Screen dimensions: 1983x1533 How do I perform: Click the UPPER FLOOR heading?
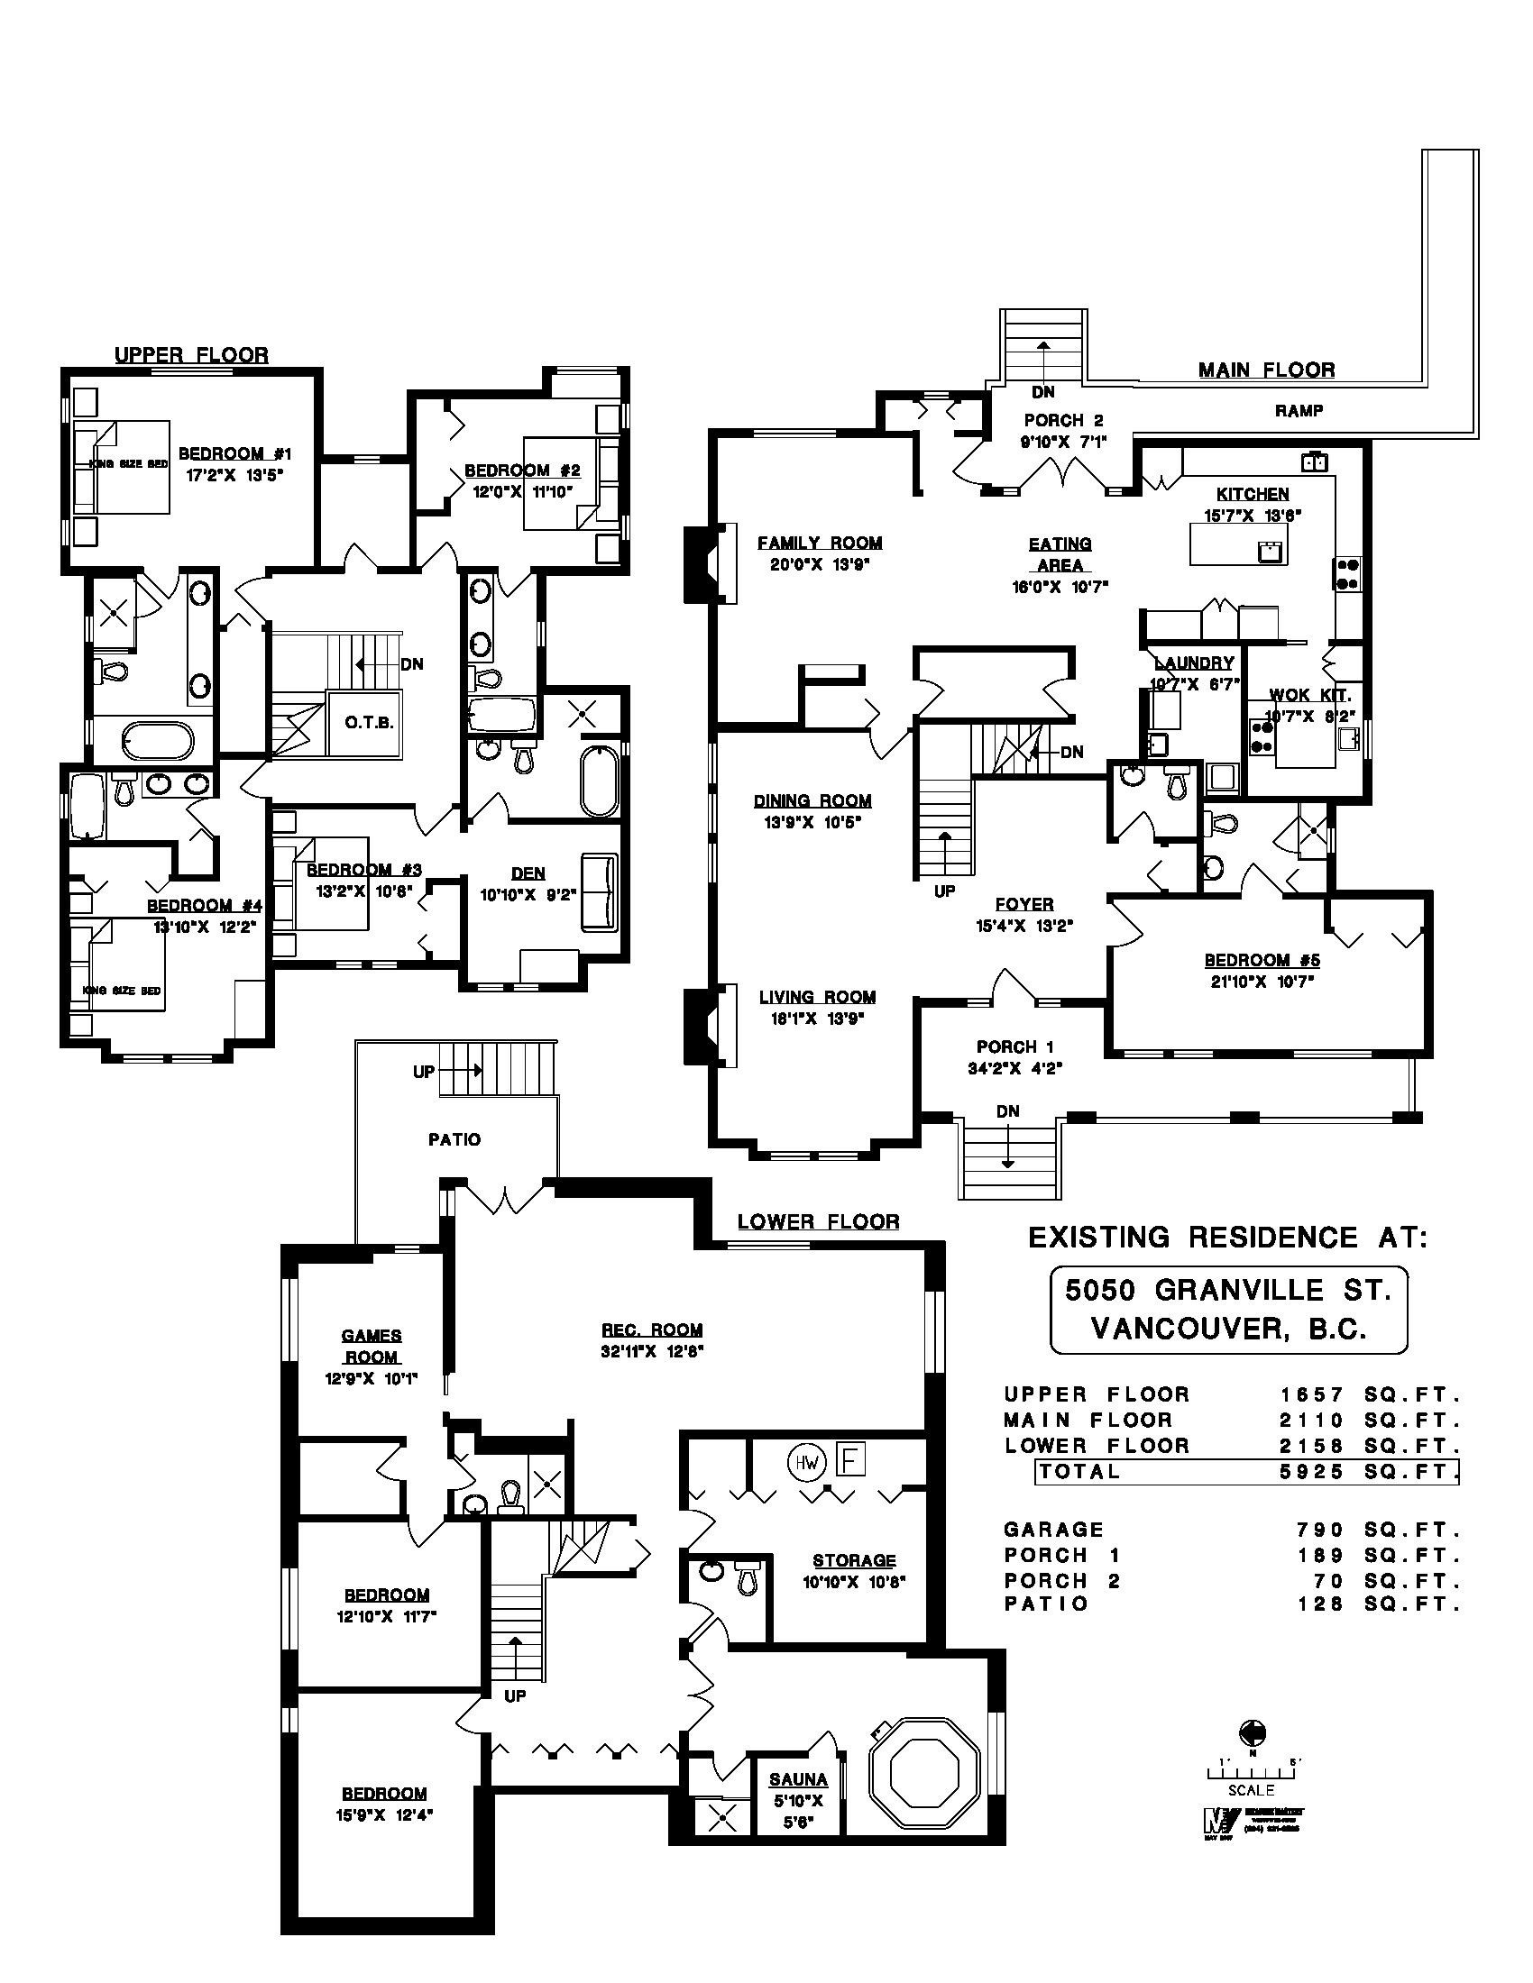coord(190,355)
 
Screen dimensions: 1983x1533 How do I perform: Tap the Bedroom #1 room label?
coord(234,453)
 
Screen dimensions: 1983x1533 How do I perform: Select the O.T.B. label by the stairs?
coord(369,723)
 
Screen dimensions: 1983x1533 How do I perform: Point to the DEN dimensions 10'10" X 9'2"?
coord(528,893)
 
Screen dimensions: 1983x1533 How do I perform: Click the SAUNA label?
coord(798,1779)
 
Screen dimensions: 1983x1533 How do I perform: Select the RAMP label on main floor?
coord(1299,410)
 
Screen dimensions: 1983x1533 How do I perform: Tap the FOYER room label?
coord(1024,904)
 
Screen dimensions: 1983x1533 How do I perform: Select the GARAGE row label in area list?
coord(1053,1529)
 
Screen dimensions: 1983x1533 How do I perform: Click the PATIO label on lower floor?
coord(454,1138)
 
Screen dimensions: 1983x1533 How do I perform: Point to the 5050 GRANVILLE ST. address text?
coord(1228,1290)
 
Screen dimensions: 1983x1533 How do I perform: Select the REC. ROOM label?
coord(651,1330)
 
